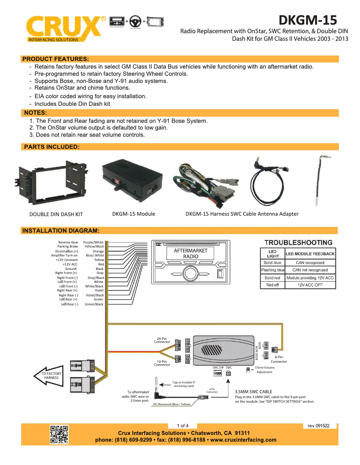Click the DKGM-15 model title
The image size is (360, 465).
[x=307, y=20]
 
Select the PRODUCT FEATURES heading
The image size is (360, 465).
[x=56, y=59]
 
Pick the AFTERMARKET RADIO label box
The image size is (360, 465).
[x=191, y=253]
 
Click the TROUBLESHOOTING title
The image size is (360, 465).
[x=298, y=243]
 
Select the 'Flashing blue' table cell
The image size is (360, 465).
[x=272, y=270]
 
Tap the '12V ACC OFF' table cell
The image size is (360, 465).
[x=310, y=285]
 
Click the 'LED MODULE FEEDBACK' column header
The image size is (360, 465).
[x=310, y=254]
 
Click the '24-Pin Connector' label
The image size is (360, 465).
[x=162, y=340]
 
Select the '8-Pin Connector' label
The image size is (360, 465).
[x=279, y=359]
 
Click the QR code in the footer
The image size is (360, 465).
[x=59, y=434]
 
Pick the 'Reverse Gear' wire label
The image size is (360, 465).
[x=68, y=242]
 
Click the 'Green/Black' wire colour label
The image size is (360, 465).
[x=94, y=304]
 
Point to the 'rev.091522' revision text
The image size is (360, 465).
[x=319, y=426]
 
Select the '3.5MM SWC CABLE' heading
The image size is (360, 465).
[x=254, y=391]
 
